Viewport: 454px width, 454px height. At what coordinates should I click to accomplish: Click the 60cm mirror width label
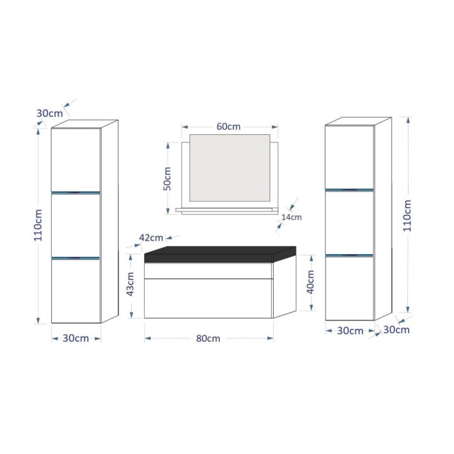coord(225,127)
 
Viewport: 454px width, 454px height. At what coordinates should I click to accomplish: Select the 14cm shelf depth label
coord(292,217)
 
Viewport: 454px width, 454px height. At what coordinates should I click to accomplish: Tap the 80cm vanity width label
coord(209,339)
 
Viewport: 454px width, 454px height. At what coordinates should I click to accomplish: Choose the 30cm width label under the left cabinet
coord(76,338)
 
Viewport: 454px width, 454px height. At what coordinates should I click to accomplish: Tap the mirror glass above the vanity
coord(229,167)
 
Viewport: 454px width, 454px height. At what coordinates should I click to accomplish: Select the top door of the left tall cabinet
coord(76,159)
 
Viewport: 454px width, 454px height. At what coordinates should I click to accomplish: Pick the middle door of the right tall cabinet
coord(350,222)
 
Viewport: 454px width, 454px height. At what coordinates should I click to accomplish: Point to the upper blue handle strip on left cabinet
coord(76,192)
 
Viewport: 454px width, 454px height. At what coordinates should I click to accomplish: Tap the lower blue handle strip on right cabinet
coord(350,254)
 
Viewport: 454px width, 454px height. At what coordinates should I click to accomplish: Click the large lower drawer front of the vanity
coord(208,298)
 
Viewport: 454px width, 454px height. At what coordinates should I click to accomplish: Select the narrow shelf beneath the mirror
coord(224,210)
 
